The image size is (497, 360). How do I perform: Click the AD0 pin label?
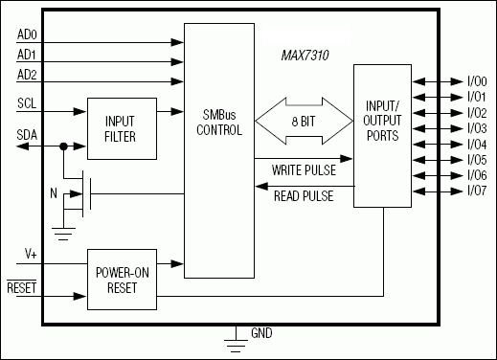coord(29,35)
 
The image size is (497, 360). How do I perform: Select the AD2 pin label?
coord(29,75)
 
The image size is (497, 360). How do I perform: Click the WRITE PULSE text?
coord(302,170)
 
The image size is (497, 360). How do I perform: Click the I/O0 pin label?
coord(477,83)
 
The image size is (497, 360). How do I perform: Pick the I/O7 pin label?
coord(477,191)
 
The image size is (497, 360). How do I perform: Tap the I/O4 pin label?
coord(477,145)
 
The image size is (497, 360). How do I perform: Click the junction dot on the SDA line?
coord(63,146)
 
